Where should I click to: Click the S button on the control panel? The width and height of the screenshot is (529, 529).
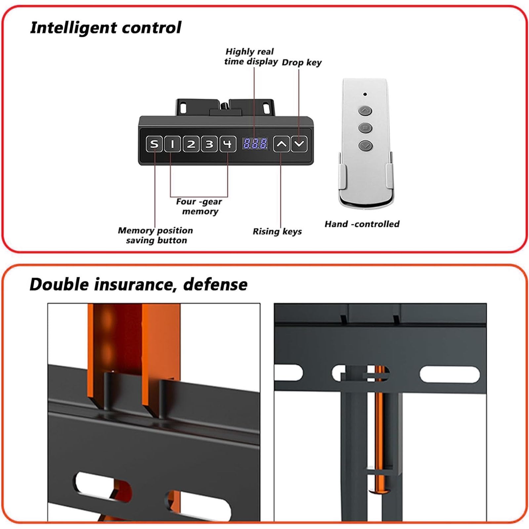[x=154, y=144]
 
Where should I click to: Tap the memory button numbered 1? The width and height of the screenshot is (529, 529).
[x=172, y=144]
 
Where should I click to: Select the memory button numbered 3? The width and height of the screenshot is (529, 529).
[x=209, y=144]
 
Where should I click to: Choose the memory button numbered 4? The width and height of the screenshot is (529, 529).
[x=228, y=144]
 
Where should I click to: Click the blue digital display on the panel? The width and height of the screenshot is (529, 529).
[x=255, y=143]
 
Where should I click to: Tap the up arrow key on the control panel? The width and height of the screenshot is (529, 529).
[x=281, y=144]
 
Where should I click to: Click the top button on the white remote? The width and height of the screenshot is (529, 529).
[x=365, y=111]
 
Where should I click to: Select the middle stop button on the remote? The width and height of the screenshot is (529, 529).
[x=365, y=128]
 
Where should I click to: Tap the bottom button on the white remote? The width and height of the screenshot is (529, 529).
[x=365, y=145]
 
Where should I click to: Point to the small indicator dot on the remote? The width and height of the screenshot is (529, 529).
[x=365, y=94]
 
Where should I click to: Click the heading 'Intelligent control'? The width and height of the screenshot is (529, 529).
[x=105, y=28]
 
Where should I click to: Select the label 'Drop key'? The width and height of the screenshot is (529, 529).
[x=302, y=62]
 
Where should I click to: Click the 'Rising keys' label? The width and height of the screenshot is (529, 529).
[x=277, y=231]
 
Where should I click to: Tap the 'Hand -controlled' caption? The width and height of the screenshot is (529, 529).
[x=362, y=224]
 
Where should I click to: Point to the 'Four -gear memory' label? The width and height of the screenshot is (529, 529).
[x=199, y=206]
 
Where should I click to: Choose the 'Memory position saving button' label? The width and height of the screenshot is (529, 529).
[x=155, y=235]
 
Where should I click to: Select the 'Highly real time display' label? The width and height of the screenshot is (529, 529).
[x=251, y=57]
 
